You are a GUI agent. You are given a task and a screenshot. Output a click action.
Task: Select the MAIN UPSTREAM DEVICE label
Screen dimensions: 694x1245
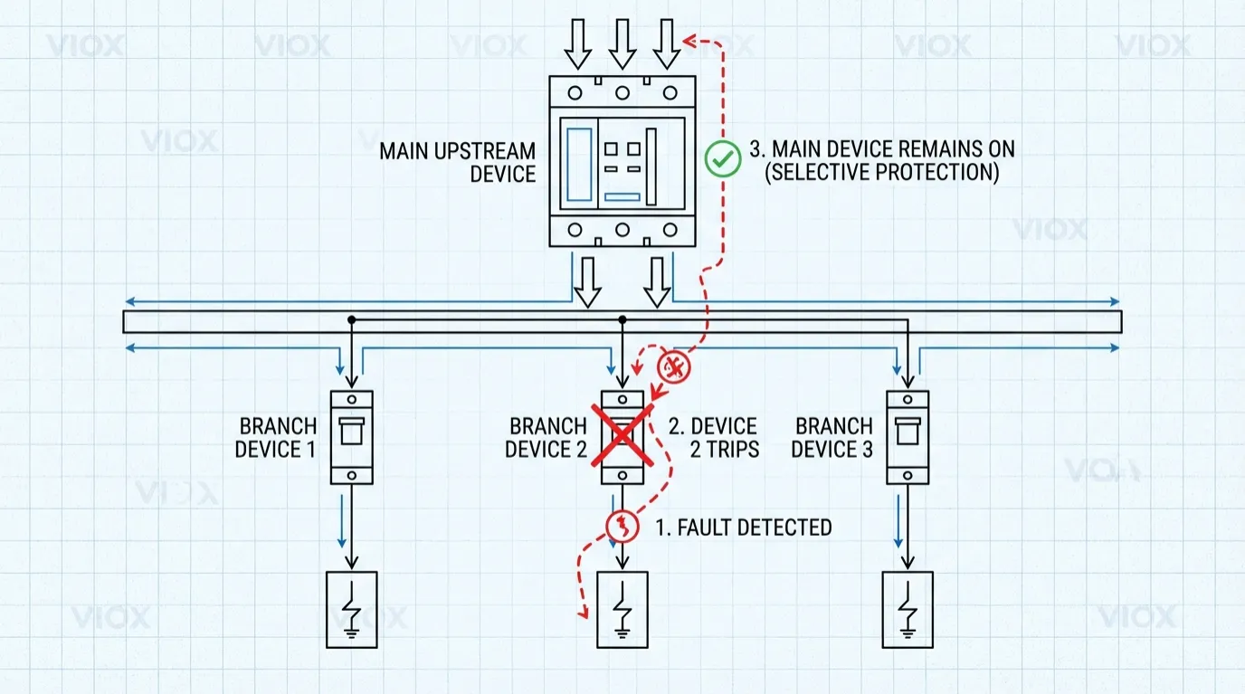pos(457,162)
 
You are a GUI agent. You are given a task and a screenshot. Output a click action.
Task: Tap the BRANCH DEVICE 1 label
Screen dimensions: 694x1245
pos(276,437)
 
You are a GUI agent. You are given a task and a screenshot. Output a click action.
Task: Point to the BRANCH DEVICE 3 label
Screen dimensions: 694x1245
pos(832,437)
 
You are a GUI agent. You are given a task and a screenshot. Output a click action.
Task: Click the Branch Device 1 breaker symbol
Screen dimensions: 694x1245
pos(352,437)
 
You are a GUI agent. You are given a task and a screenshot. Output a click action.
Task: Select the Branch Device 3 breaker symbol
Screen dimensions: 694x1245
pos(908,437)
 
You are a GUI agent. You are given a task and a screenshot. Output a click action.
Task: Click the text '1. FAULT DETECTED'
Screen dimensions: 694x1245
pos(742,528)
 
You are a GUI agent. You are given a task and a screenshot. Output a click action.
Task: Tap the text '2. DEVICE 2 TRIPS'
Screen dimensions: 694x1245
pos(713,437)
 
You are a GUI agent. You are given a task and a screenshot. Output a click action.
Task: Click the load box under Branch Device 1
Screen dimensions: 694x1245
pos(352,609)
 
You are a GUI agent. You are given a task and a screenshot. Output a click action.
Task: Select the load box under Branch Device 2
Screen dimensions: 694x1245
pos(622,609)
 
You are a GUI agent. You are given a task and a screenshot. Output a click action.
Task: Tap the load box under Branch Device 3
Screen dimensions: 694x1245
pos(908,609)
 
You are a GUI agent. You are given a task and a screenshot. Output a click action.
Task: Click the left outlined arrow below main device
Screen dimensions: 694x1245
pos(588,280)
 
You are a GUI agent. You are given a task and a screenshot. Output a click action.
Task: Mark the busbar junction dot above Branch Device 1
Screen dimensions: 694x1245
pos(352,320)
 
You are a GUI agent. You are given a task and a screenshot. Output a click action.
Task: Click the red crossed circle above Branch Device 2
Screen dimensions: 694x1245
pos(673,366)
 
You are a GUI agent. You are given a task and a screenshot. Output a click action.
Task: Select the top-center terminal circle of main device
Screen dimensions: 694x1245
pos(622,92)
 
